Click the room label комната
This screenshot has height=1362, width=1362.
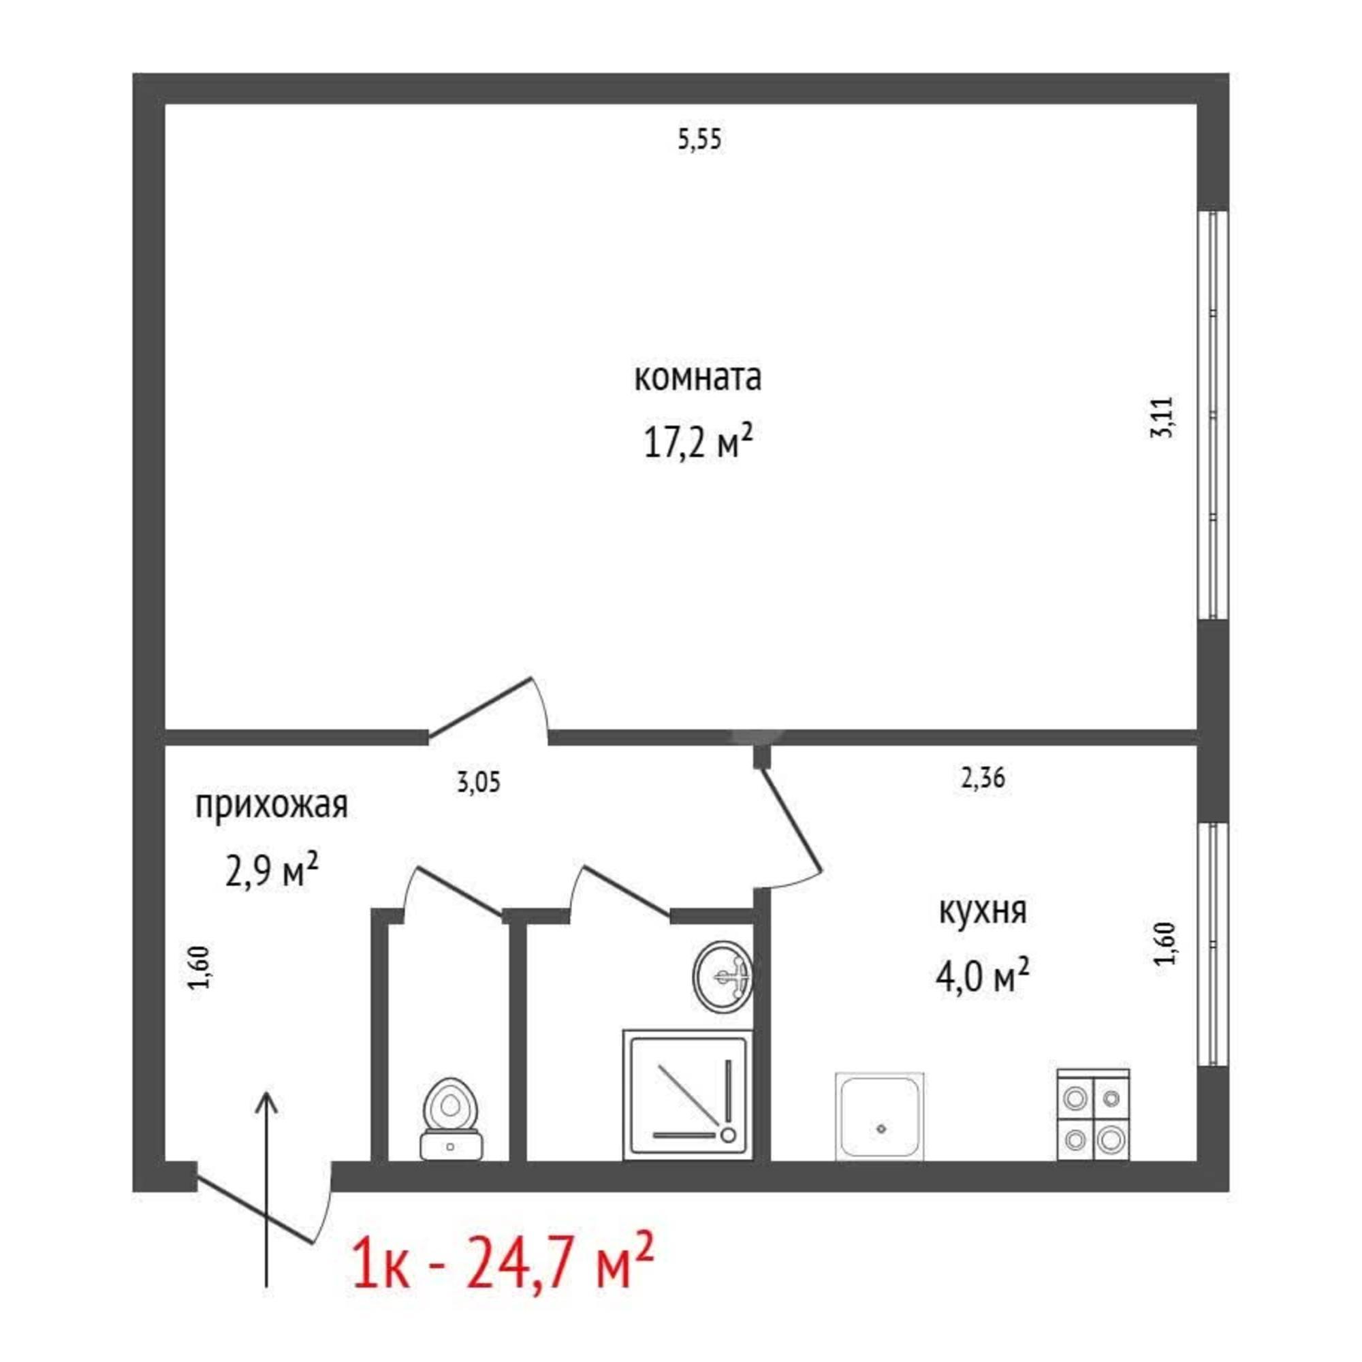pos(698,378)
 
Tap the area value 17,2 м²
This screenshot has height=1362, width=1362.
pos(698,442)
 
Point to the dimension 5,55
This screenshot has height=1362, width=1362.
pos(699,140)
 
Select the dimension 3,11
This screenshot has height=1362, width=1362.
pos(1162,418)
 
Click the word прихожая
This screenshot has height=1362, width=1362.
pos(272,806)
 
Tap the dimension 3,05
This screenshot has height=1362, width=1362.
pos(479,782)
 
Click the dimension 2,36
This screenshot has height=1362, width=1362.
pos(983,778)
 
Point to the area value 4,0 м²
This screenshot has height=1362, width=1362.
pos(983,977)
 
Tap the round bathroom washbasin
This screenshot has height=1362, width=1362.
pos(723,977)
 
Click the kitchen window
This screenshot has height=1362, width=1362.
pos(1214,945)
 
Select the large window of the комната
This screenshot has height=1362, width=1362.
pos(1214,415)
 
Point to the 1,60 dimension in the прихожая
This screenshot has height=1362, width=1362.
pos(200,967)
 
